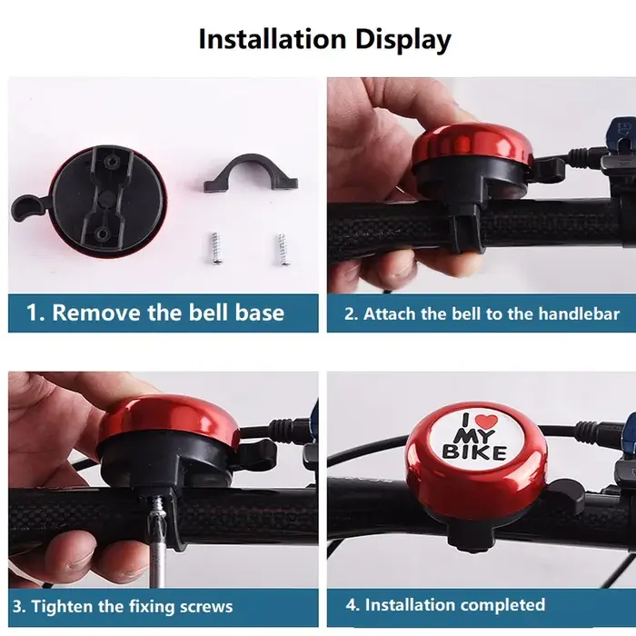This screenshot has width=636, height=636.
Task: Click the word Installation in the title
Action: pyautogui.click(x=273, y=39)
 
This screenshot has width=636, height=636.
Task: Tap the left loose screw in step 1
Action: pyautogui.click(x=215, y=248)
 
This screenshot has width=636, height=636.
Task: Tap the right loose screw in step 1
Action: pyautogui.click(x=283, y=249)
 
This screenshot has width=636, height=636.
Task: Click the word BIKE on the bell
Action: pyautogui.click(x=474, y=452)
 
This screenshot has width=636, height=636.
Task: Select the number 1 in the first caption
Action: pyautogui.click(x=33, y=313)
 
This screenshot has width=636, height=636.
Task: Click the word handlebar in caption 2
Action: pyautogui.click(x=579, y=313)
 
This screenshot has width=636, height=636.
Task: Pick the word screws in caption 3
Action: pyautogui.click(x=206, y=607)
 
